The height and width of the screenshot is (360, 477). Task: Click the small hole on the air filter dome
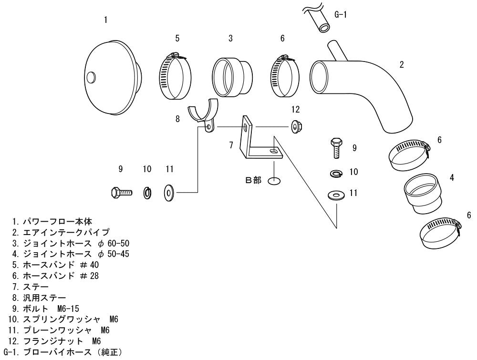pos(91,78)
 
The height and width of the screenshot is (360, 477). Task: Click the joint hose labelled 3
pos(232,78)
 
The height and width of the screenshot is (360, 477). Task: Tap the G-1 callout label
pos(341,14)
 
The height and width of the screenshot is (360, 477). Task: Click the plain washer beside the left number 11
pos(168,193)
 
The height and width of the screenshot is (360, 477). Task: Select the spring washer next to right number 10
pos(336,173)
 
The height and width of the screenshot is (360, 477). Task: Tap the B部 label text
pos(253,180)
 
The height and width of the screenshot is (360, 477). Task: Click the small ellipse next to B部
pos(274,181)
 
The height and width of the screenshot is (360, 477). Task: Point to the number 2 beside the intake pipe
pos(402,64)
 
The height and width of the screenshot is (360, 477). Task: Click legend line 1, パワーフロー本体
pos(52,221)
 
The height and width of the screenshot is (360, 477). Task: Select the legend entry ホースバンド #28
pos(55,276)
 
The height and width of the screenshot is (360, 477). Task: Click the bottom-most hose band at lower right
pos(440,232)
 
